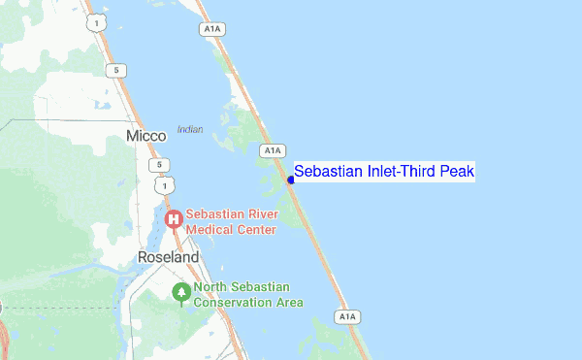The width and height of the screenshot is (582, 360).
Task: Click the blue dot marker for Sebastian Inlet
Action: point(291,180)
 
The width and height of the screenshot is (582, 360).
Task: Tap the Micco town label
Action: point(146,136)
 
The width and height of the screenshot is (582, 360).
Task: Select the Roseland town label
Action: point(168,258)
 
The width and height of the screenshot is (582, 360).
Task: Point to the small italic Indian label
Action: point(190,129)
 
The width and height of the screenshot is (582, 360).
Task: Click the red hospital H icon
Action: point(174,220)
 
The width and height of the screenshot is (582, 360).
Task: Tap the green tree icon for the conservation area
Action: point(180,291)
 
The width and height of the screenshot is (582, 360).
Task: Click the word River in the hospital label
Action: point(261,213)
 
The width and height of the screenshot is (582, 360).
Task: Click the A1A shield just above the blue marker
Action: point(273,150)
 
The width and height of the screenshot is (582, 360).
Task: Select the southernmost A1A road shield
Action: point(346,316)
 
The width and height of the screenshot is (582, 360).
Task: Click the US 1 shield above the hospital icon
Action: point(168,183)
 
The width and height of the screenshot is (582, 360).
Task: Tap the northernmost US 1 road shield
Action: point(94,20)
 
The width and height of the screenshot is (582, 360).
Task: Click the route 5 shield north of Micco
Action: point(116,70)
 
